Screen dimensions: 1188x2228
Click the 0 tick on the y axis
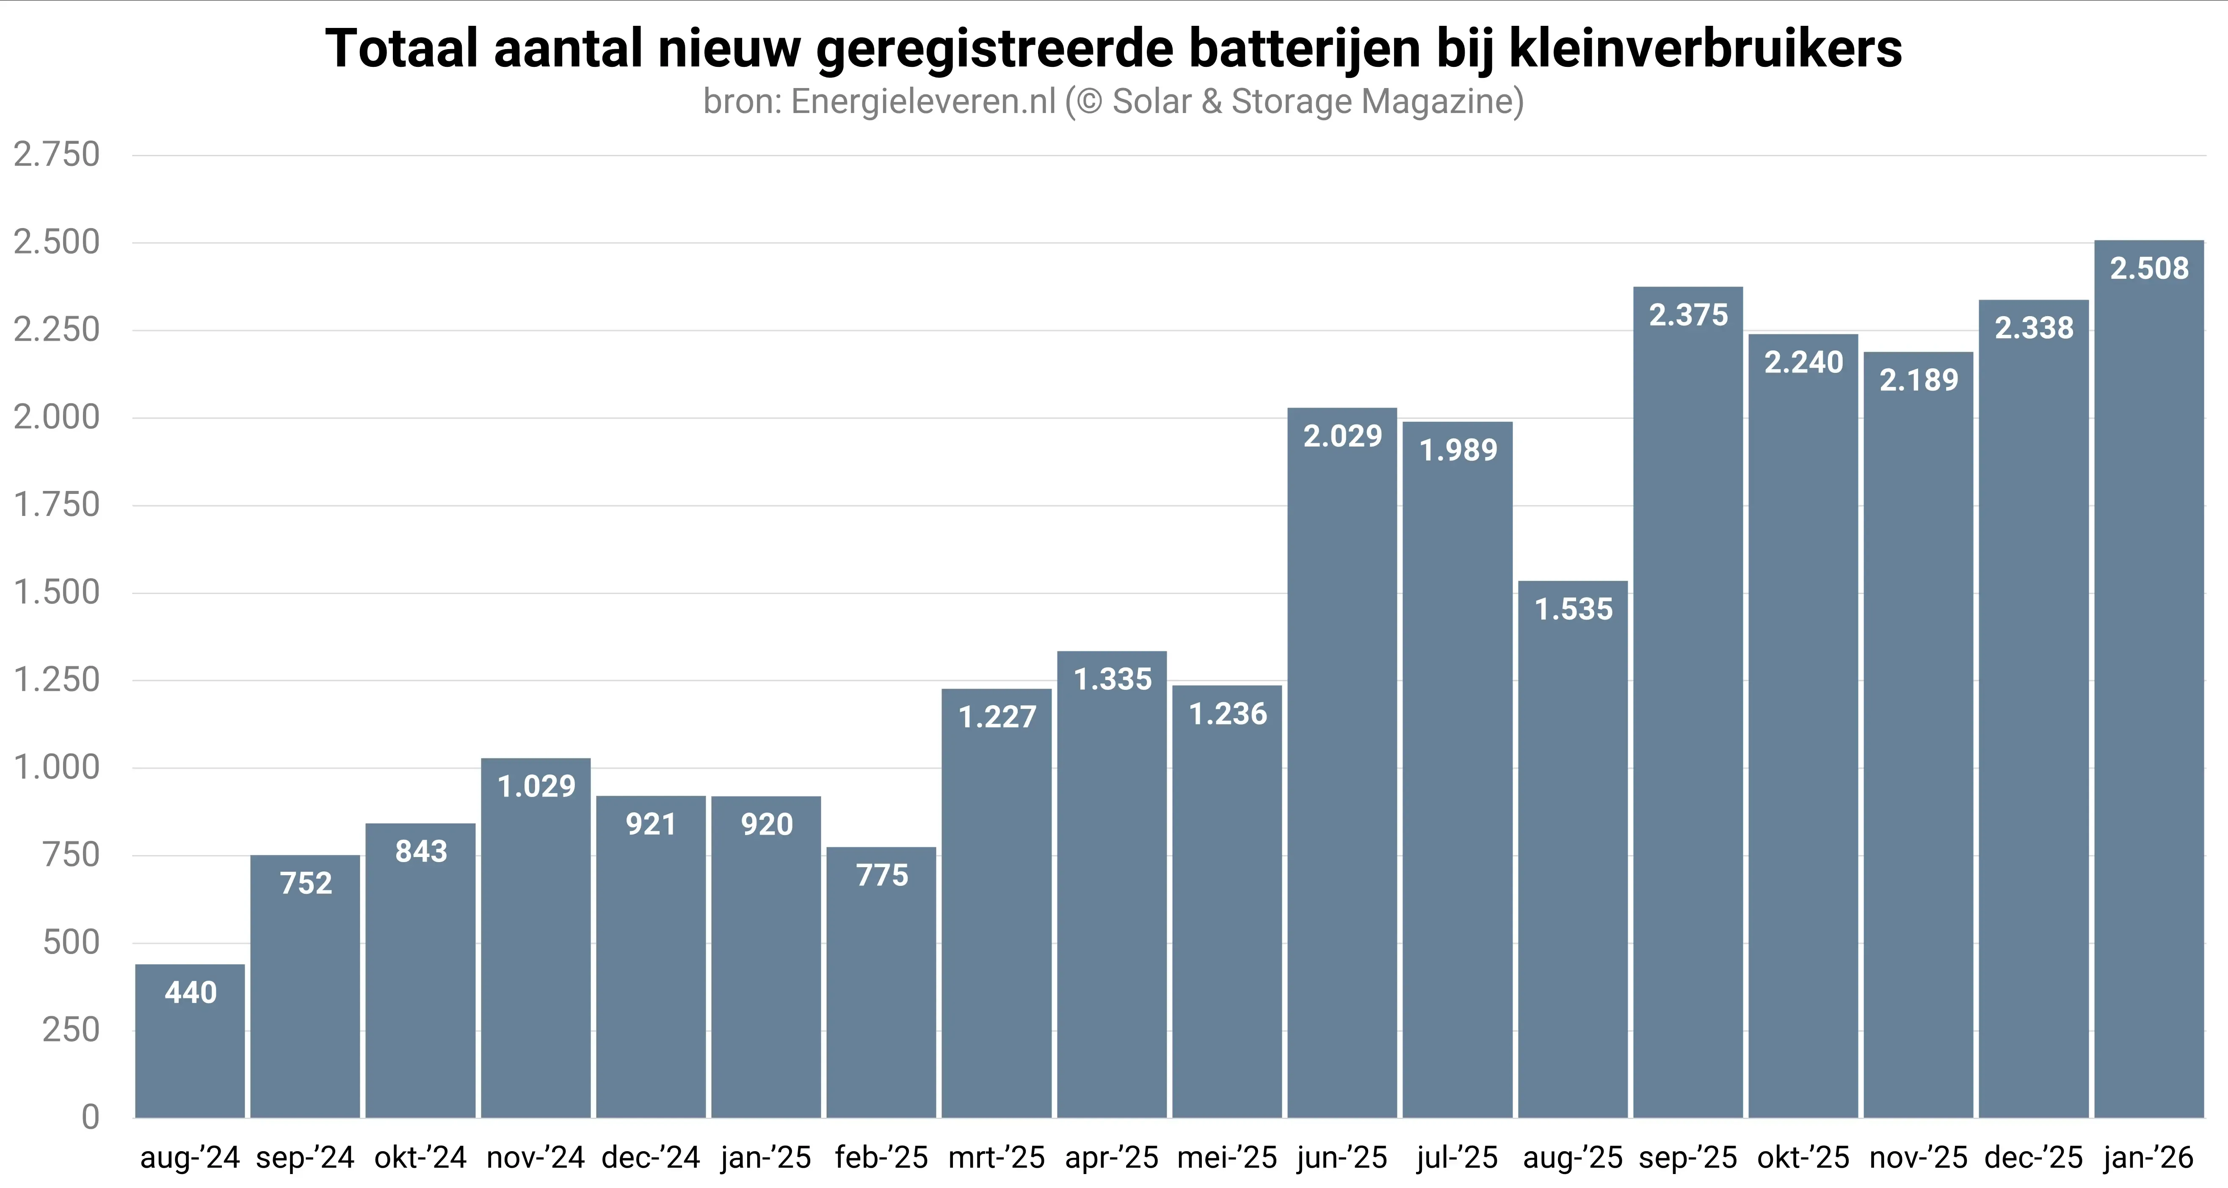[x=90, y=1117]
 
